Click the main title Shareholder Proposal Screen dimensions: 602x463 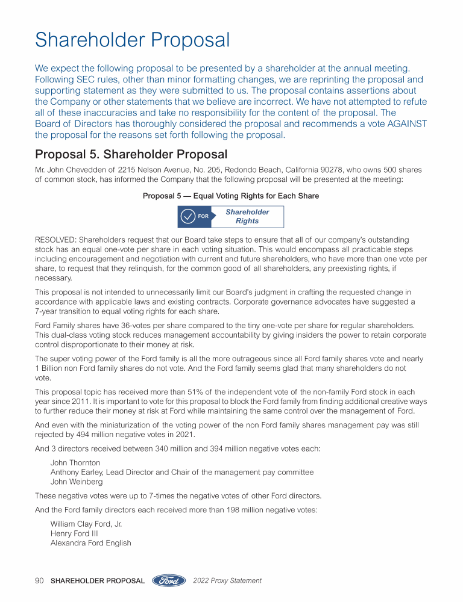pos(133,40)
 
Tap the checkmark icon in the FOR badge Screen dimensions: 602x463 pos(188,216)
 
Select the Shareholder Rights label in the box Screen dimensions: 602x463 pos(247,216)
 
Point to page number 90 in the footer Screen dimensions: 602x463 pos(40,581)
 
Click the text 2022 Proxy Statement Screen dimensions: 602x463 pos(227,581)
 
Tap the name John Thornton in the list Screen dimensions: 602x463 pos(75,463)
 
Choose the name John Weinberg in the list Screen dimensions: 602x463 pos(77,482)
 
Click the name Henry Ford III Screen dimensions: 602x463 pos(74,533)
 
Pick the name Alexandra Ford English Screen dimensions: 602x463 pos(90,543)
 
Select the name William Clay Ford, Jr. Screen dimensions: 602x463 pos(86,524)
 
